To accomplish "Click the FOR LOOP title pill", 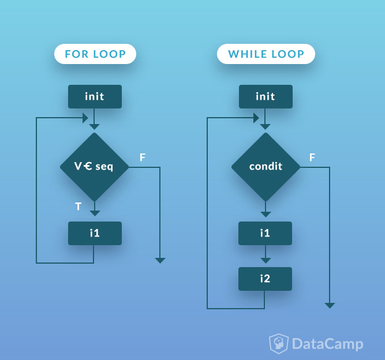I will pyautogui.click(x=95, y=54).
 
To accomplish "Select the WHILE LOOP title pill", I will pyautogui.click(x=266, y=54).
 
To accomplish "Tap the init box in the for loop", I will pyautogui.click(x=95, y=96).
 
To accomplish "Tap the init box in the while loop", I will pyautogui.click(x=266, y=96).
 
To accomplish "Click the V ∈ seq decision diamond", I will pyautogui.click(x=94, y=167).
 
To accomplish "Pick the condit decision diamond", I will pyautogui.click(x=266, y=167).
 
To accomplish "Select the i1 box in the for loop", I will pyautogui.click(x=95, y=233).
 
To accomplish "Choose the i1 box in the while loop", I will pyautogui.click(x=265, y=233).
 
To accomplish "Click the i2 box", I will pyautogui.click(x=265, y=279).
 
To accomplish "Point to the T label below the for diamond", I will pyautogui.click(x=79, y=206).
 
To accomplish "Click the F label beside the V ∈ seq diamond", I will pyautogui.click(x=143, y=157).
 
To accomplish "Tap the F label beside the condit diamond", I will pyautogui.click(x=312, y=157).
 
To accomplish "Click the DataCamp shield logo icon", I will pyautogui.click(x=279, y=344).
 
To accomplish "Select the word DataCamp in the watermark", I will pyautogui.click(x=328, y=344).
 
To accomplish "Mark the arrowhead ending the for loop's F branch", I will pyautogui.click(x=160, y=261).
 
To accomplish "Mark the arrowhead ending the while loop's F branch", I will pyautogui.click(x=330, y=305).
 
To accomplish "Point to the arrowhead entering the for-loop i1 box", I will pyautogui.click(x=95, y=213).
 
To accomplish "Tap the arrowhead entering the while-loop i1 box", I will pyautogui.click(x=266, y=214).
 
